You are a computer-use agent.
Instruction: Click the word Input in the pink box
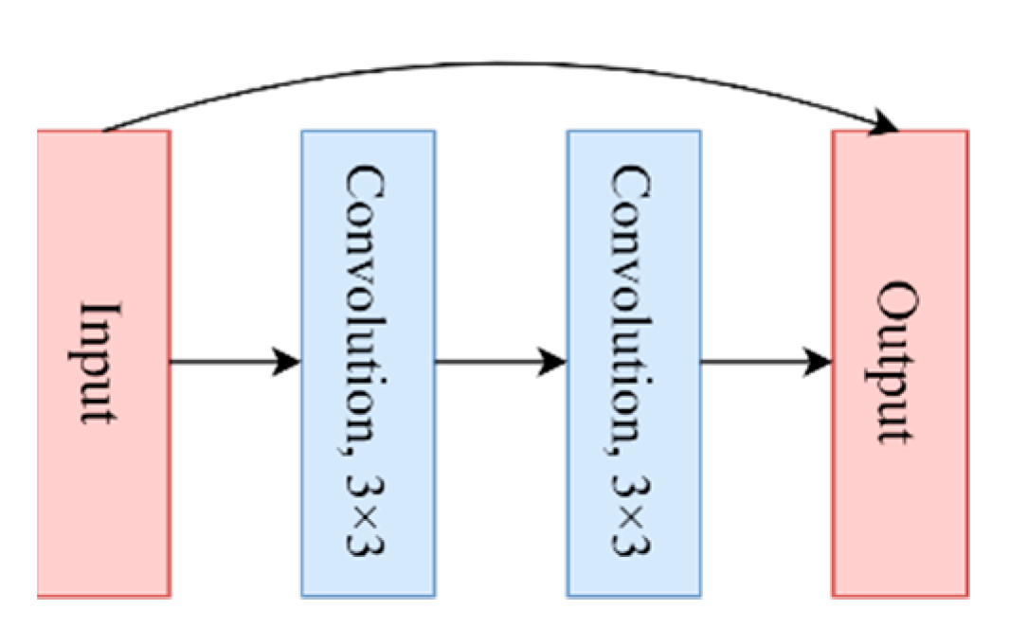tap(99, 363)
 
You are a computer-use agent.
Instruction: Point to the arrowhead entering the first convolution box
tap(287, 361)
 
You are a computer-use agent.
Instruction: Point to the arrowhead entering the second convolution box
tap(552, 361)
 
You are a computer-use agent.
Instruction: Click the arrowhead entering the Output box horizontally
tap(819, 361)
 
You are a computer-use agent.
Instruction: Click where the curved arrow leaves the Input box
tap(104, 130)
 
